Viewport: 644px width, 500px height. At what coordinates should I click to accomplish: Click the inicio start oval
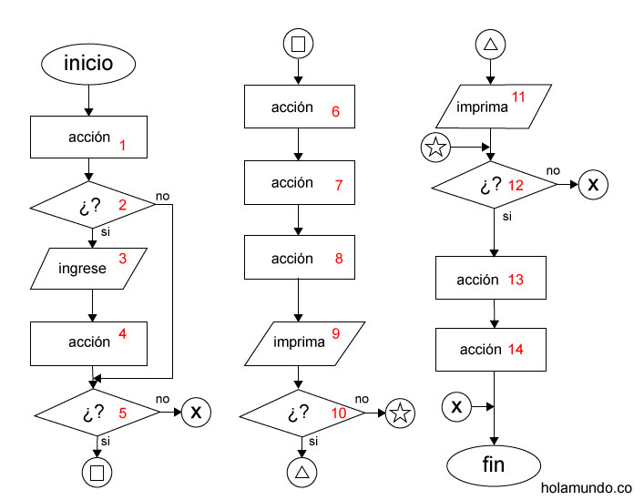click(x=88, y=64)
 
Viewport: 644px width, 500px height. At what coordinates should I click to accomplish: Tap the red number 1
click(x=122, y=144)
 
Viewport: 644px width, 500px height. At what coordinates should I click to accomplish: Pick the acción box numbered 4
click(x=89, y=342)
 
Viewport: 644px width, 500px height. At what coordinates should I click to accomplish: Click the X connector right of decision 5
click(x=196, y=413)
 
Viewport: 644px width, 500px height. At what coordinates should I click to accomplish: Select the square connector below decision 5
click(x=96, y=472)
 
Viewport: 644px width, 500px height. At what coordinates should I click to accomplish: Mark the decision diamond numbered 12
click(x=493, y=186)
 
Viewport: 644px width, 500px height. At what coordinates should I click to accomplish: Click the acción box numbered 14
click(x=492, y=350)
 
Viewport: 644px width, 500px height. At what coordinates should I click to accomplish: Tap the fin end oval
click(x=492, y=466)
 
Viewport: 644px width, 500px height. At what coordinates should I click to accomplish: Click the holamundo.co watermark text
click(x=586, y=488)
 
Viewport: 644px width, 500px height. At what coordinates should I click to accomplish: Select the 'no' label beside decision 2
click(x=162, y=195)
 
